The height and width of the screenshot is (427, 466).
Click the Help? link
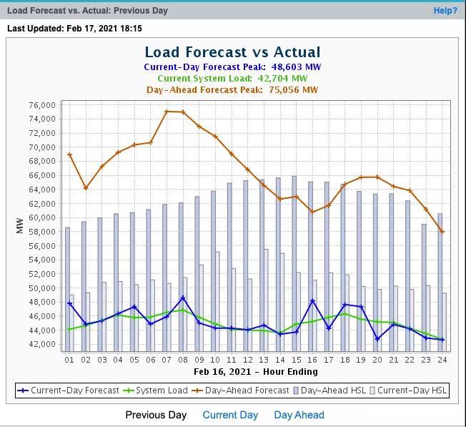point(445,11)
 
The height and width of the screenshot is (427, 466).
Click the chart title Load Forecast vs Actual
point(232,52)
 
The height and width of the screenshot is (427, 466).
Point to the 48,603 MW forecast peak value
point(296,67)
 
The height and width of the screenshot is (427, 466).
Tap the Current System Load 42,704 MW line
point(232,79)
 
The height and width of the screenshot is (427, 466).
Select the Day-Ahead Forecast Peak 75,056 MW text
point(232,90)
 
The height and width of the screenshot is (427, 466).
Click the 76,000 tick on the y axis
point(42,105)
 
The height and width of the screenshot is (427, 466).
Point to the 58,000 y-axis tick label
point(42,232)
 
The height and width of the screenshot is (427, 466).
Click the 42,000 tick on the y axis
point(42,344)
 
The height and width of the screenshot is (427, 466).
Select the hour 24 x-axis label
point(442,360)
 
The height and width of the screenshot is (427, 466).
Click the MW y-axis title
point(20,225)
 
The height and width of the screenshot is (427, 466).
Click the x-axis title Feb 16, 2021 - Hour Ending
point(255,372)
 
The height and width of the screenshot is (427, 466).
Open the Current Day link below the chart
point(230,415)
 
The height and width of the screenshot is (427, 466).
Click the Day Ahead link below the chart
point(299,415)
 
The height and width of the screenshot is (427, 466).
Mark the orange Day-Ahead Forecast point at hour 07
point(167,112)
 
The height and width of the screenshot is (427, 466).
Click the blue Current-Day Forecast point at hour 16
point(312,301)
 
